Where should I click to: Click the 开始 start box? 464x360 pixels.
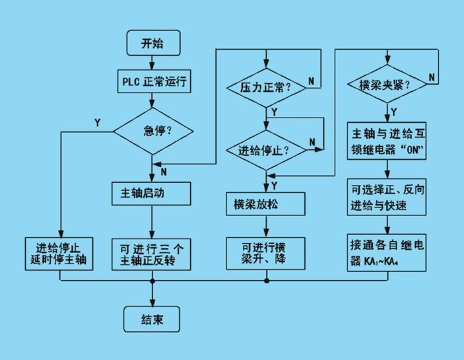click(154, 43)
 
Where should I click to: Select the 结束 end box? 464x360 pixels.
click(152, 319)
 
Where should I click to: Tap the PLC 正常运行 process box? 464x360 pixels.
click(154, 81)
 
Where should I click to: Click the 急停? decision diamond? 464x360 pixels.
click(153, 131)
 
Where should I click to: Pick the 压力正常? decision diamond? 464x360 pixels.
click(266, 88)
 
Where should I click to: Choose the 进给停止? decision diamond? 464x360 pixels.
click(266, 150)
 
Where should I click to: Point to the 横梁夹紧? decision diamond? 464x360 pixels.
click(387, 85)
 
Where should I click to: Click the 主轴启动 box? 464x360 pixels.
click(151, 194)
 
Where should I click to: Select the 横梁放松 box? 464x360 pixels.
click(265, 204)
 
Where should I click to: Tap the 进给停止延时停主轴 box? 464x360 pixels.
click(59, 254)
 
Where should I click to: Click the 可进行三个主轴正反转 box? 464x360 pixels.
click(151, 254)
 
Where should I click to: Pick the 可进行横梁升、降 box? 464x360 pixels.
click(265, 254)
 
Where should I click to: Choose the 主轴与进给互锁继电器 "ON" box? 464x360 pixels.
click(387, 141)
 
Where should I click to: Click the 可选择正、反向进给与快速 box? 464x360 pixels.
click(387, 197)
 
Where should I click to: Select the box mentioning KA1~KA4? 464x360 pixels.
click(387, 252)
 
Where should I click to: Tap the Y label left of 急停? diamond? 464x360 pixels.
click(98, 123)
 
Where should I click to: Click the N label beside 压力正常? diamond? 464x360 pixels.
click(311, 81)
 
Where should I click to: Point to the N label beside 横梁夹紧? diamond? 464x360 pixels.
click(432, 77)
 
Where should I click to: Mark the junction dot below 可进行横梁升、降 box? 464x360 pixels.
click(267, 280)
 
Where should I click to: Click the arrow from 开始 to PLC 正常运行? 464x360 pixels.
click(152, 63)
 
